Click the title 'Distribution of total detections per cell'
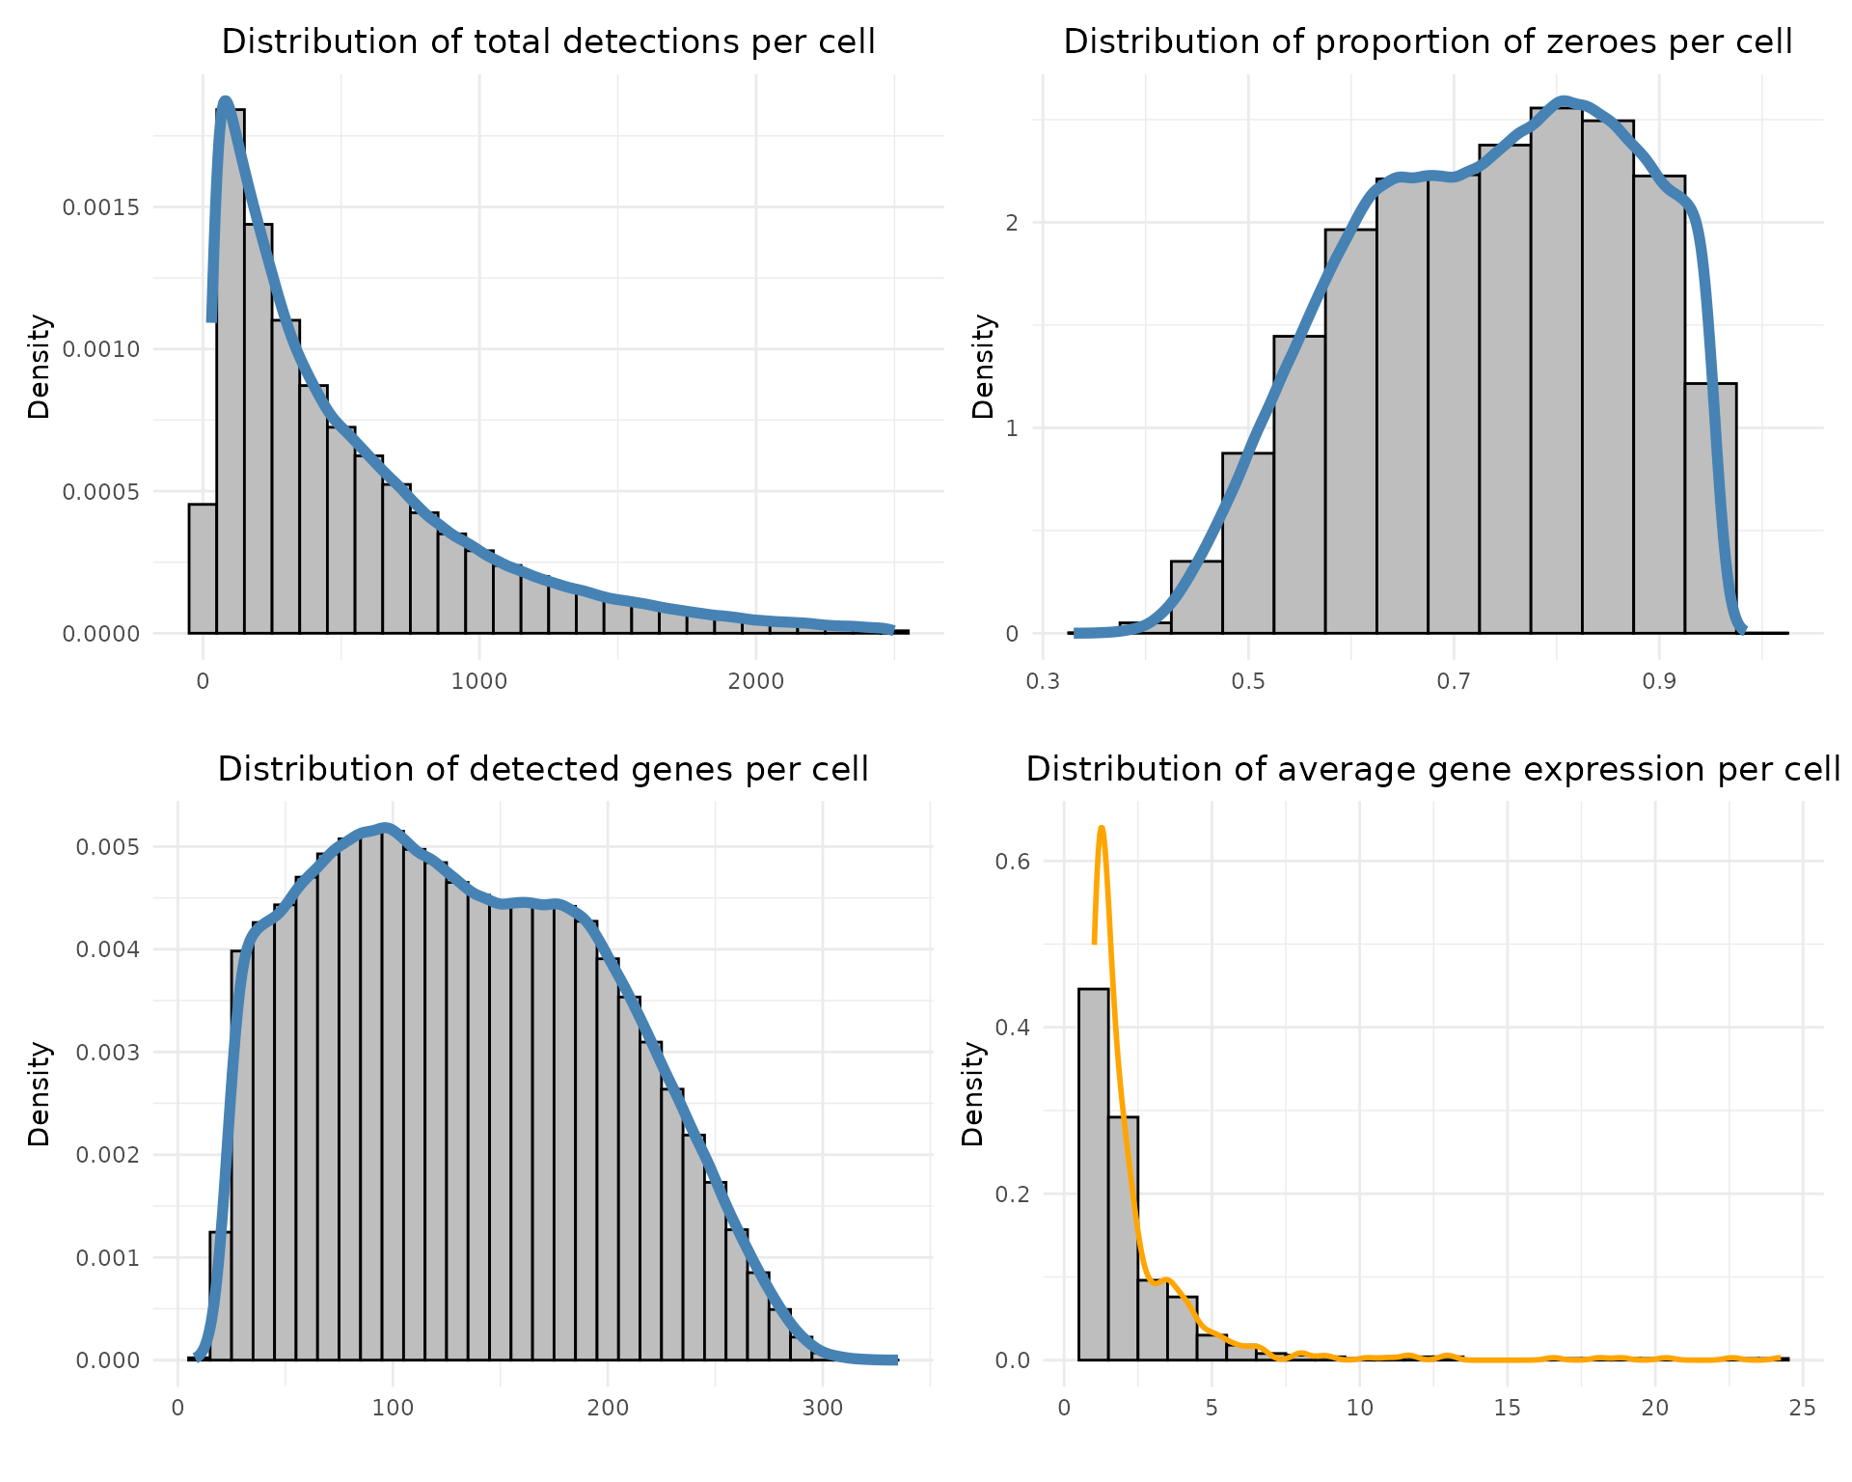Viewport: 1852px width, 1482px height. click(548, 42)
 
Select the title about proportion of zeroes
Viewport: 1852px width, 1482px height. click(1428, 42)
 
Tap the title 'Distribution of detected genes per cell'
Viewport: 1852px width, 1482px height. click(543, 769)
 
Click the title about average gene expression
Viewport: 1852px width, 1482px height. click(1433, 769)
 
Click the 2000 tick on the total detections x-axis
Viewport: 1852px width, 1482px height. click(755, 681)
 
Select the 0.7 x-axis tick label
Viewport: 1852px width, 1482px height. click(1454, 681)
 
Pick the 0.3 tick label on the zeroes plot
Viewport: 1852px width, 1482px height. click(1043, 681)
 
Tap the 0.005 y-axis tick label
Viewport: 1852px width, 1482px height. click(107, 847)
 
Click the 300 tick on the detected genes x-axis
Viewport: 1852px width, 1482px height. click(822, 1407)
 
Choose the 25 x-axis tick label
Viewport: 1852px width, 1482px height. click(1803, 1407)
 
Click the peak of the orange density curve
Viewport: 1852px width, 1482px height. click(1101, 828)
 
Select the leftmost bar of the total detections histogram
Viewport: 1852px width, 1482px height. click(202, 568)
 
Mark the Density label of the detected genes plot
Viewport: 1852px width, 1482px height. click(39, 1093)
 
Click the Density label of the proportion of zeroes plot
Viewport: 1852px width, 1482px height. click(983, 367)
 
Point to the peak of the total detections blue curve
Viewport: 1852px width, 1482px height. click(226, 99)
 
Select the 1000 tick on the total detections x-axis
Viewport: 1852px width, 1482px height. click(478, 681)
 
